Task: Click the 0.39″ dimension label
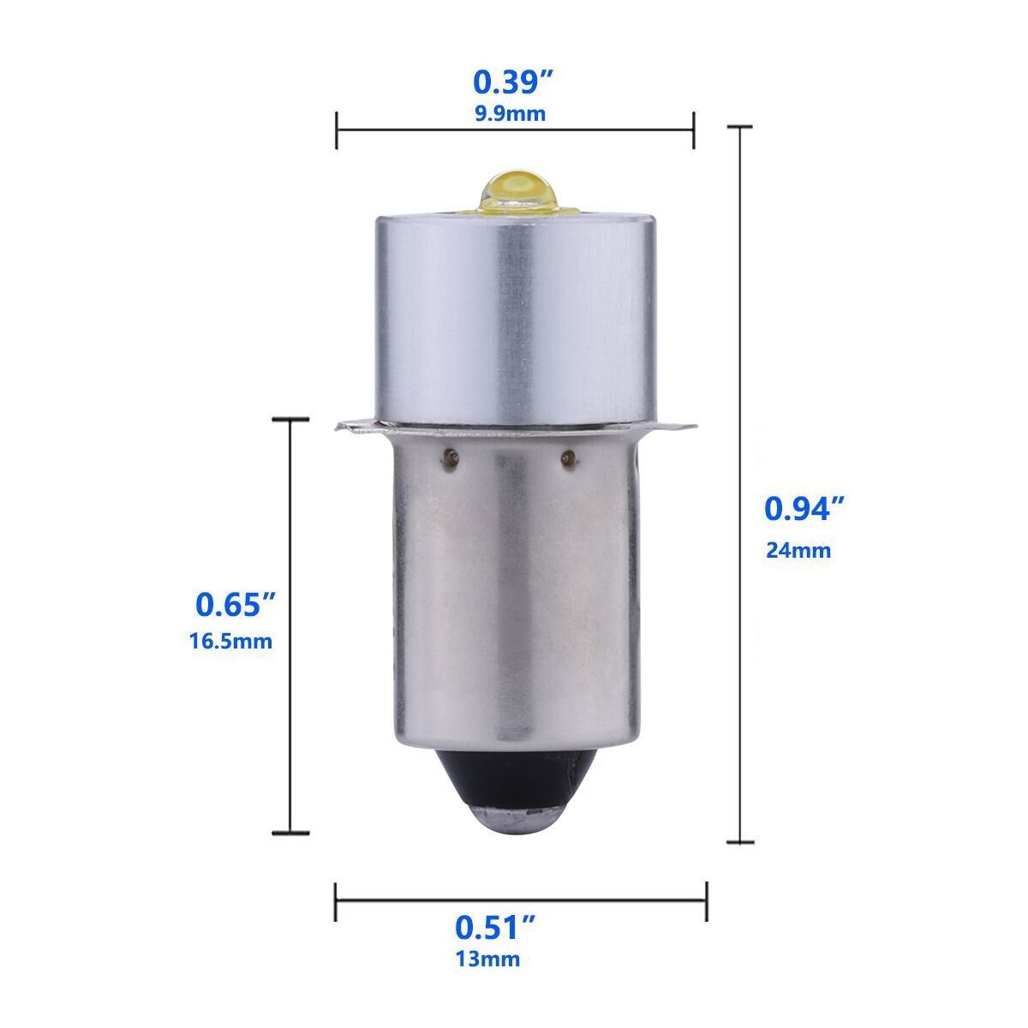[515, 82]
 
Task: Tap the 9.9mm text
[511, 114]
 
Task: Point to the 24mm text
[798, 550]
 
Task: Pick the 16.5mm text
[231, 641]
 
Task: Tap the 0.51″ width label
[495, 927]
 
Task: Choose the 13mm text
[487, 959]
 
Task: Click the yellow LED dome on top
[517, 189]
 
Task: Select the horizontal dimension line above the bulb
[515, 130]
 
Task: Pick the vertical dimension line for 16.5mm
[290, 625]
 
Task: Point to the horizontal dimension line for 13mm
[521, 899]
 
